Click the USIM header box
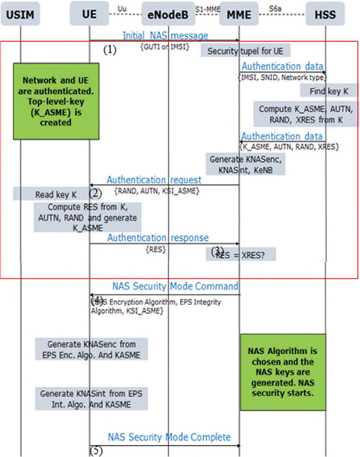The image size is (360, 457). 20,14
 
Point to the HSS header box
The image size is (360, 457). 325,14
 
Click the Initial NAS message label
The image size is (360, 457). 165,36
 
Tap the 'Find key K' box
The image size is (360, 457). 329,91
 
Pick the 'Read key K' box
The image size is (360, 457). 52,194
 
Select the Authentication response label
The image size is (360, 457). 158,238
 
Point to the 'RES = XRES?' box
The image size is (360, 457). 241,254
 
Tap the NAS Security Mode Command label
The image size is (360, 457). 175,286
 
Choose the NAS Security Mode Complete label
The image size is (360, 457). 169,437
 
